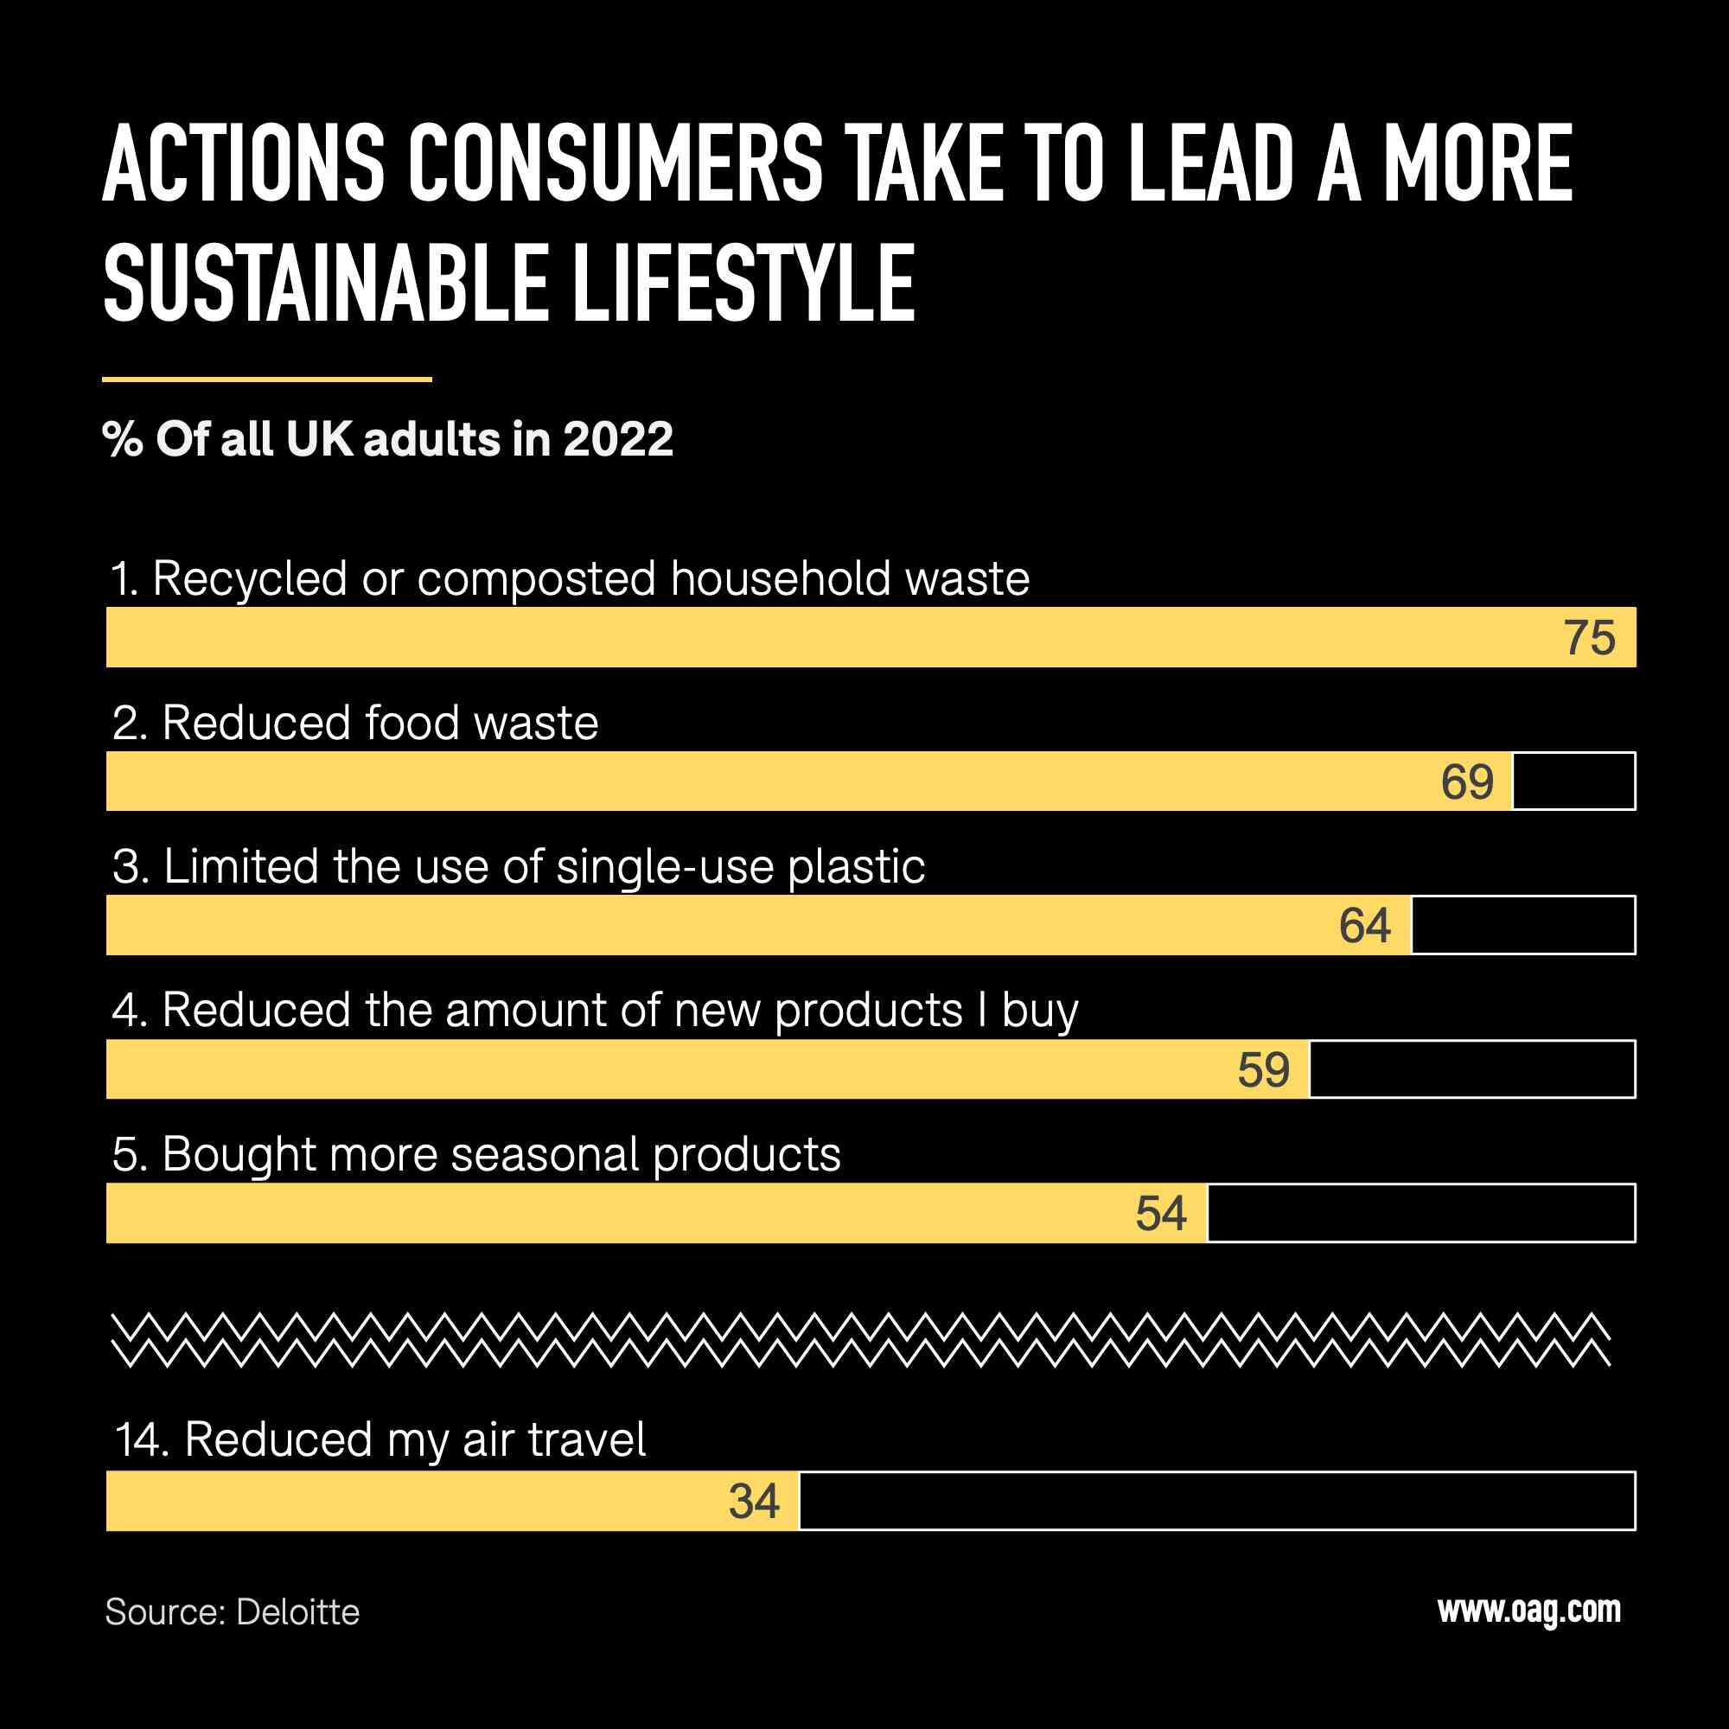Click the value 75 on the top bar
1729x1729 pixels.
click(1590, 638)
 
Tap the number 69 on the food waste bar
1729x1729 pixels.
click(1467, 782)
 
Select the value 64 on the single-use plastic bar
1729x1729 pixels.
click(1365, 925)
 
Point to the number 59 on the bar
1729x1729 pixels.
click(1264, 1069)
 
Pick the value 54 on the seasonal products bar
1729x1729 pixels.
click(1162, 1214)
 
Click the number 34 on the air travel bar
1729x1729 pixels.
click(755, 1501)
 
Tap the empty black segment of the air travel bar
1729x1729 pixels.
click(1217, 1501)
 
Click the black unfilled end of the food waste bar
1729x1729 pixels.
click(1574, 782)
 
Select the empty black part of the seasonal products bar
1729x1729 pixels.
click(1421, 1214)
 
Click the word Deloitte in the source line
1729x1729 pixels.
click(298, 1612)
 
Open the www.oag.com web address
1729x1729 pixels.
click(1528, 1610)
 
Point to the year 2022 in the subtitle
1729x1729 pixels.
click(617, 439)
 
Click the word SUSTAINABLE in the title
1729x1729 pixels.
click(326, 284)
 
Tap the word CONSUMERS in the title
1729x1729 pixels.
click(616, 163)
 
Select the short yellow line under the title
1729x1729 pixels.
click(266, 380)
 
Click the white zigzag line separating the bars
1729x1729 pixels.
click(859, 1341)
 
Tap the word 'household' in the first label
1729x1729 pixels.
click(781, 579)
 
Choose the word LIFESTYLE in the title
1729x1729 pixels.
click(743, 284)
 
